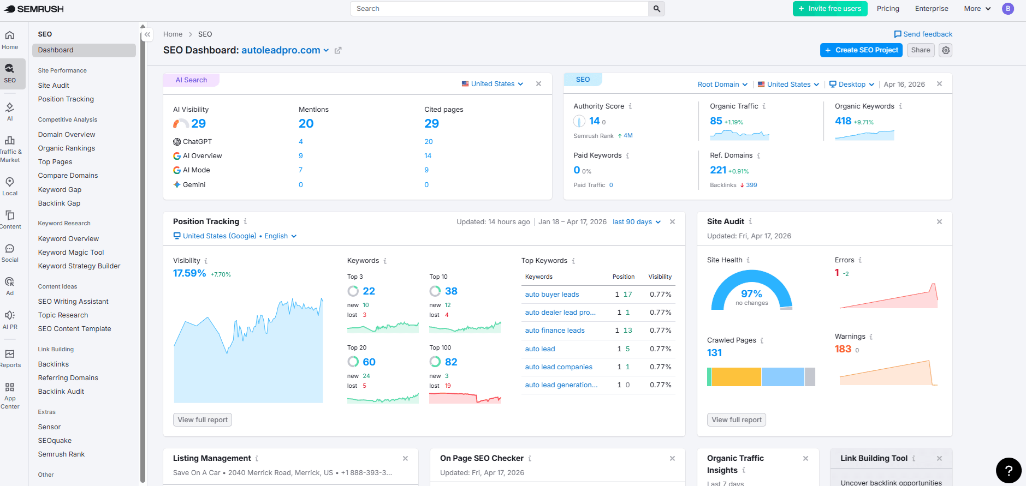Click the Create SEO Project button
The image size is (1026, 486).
(861, 50)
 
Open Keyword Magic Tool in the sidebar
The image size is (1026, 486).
(71, 253)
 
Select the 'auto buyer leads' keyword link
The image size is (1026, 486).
(551, 295)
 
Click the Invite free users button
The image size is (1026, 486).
(829, 9)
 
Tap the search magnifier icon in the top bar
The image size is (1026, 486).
(656, 9)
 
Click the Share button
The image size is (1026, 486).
(920, 50)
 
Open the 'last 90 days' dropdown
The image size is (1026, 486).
(636, 222)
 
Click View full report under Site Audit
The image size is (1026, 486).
(737, 420)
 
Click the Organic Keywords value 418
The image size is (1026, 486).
(843, 121)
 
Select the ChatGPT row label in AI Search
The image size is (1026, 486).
(197, 142)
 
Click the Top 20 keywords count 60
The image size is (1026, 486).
(369, 362)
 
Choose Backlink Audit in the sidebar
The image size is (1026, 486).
(61, 392)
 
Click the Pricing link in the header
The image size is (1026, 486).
(888, 9)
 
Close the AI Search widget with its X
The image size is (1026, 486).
(538, 84)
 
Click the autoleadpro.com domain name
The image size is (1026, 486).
(281, 50)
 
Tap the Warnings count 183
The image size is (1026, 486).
(843, 349)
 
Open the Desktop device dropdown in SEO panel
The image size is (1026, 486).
(851, 85)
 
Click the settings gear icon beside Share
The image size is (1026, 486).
(946, 50)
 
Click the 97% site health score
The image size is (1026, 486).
(751, 294)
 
